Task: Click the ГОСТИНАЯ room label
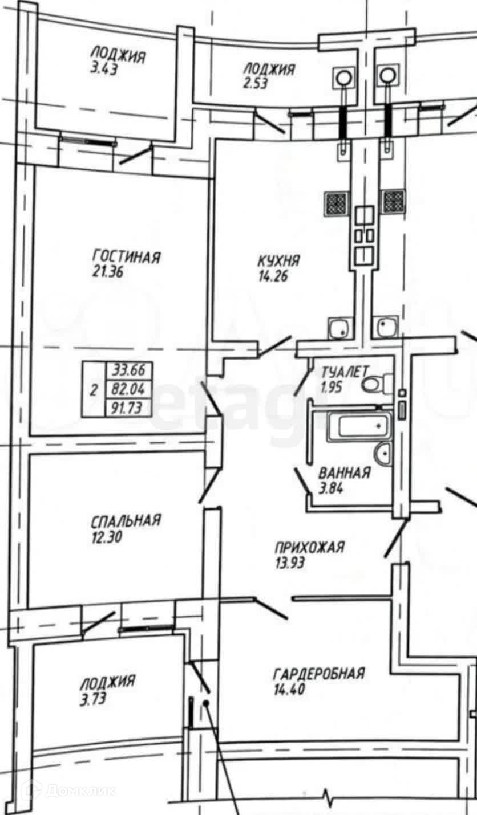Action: point(126,257)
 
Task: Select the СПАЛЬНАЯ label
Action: point(126,520)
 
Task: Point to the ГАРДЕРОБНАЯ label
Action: point(319,674)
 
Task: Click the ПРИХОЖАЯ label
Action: point(310,548)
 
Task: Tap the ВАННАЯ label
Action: point(345,473)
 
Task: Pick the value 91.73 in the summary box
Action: point(128,407)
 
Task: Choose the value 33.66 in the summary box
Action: point(128,371)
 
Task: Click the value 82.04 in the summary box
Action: point(128,389)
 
